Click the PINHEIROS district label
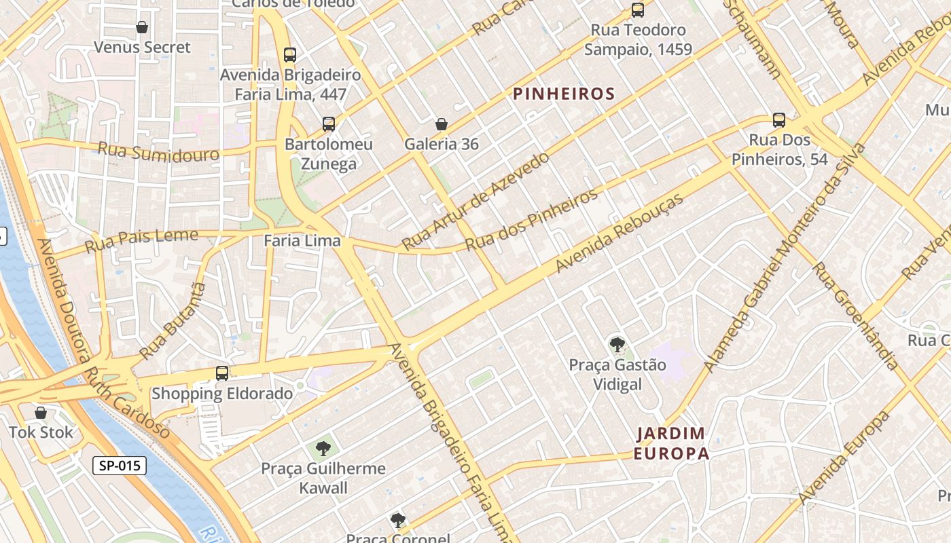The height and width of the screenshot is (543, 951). [564, 94]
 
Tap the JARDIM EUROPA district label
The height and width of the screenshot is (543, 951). [672, 443]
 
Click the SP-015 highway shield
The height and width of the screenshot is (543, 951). [120, 466]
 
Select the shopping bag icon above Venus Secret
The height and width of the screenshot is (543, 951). [142, 27]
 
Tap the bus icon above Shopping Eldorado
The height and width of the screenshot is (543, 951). [221, 373]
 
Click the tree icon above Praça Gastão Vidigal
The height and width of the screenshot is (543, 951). [617, 345]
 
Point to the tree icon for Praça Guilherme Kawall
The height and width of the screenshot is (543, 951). [323, 448]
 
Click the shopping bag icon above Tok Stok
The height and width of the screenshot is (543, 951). [41, 412]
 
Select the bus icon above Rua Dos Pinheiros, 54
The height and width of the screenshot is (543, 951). [778, 120]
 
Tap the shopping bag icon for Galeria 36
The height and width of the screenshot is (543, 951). [441, 124]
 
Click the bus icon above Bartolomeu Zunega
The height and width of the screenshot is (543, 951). [329, 124]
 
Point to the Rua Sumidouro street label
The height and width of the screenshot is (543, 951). [158, 152]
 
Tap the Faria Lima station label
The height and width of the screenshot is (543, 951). [302, 240]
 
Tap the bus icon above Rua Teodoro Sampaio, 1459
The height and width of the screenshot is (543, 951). [637, 10]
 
